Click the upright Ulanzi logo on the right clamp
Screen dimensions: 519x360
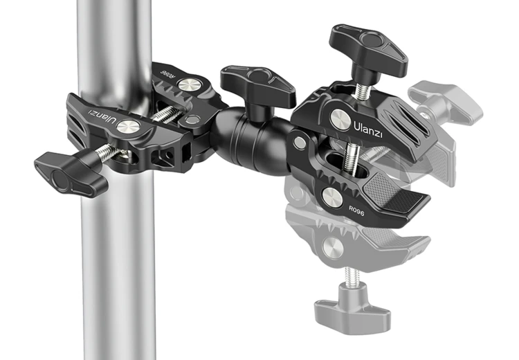coord(367,129)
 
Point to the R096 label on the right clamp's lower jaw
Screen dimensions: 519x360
coord(356,210)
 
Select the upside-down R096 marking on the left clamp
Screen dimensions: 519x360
coord(167,74)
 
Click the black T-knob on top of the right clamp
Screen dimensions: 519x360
coord(368,53)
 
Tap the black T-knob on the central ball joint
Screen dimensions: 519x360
coord(259,88)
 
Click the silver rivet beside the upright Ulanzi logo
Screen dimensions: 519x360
coord(340,119)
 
